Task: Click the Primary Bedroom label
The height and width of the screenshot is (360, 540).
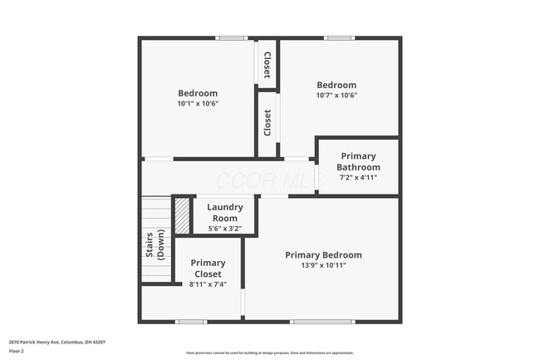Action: point(323,255)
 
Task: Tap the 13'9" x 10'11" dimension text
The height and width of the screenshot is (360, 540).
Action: point(323,265)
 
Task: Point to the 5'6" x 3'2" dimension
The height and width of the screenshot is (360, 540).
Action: point(224,229)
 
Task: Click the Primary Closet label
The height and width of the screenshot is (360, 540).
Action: point(207,269)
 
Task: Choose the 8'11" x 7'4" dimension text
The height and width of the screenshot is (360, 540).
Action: point(207,284)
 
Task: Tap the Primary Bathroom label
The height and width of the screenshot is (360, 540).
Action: point(358,161)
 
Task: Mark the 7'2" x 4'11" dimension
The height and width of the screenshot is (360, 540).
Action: point(358,177)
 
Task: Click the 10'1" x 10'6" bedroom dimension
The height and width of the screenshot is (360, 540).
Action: point(198,104)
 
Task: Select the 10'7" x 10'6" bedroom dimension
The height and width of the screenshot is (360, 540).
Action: point(336,96)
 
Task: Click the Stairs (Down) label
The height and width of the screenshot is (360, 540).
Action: point(155,245)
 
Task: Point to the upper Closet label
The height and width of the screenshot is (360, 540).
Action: point(267,65)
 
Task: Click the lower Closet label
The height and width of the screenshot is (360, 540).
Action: point(267,123)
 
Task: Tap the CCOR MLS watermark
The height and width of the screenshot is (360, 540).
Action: point(249,180)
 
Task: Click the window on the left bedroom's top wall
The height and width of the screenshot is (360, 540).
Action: point(228,38)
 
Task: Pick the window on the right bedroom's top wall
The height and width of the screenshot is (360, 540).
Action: point(338,38)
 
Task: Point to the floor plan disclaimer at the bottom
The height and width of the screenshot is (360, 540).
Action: point(269,353)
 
